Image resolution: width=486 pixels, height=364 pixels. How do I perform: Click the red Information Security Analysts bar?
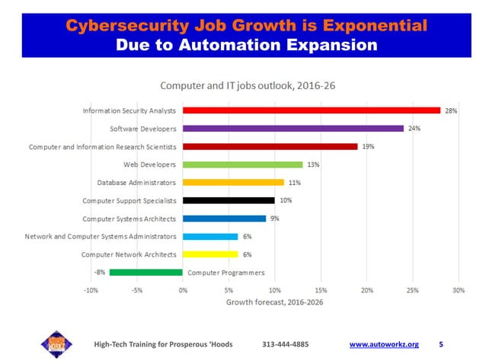pyautogui.click(x=311, y=110)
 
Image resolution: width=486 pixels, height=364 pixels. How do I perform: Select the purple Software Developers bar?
pyautogui.click(x=293, y=128)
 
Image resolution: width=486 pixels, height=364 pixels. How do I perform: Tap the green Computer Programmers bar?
pyautogui.click(x=146, y=272)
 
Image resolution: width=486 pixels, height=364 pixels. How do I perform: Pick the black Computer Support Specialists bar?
pyautogui.click(x=229, y=200)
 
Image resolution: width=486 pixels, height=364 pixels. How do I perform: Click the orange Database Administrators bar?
pyautogui.click(x=233, y=183)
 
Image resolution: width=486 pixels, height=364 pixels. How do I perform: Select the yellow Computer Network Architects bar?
pyautogui.click(x=210, y=254)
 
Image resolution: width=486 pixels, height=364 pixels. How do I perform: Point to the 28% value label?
pyautogui.click(x=451, y=110)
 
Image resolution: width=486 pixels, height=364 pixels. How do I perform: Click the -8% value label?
pyautogui.click(x=99, y=272)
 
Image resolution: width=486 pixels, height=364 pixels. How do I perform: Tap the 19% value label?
pyautogui.click(x=368, y=146)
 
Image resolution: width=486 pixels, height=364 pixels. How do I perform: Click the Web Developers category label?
pyautogui.click(x=149, y=164)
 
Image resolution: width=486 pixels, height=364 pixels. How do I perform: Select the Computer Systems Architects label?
pyautogui.click(x=129, y=219)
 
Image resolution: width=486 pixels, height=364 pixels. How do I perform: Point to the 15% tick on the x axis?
pyautogui.click(x=321, y=290)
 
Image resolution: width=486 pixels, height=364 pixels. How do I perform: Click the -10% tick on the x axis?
pyautogui.click(x=91, y=290)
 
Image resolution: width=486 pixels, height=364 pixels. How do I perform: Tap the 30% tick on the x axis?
pyautogui.click(x=458, y=290)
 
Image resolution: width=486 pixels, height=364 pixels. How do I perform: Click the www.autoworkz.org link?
pyautogui.click(x=384, y=345)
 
